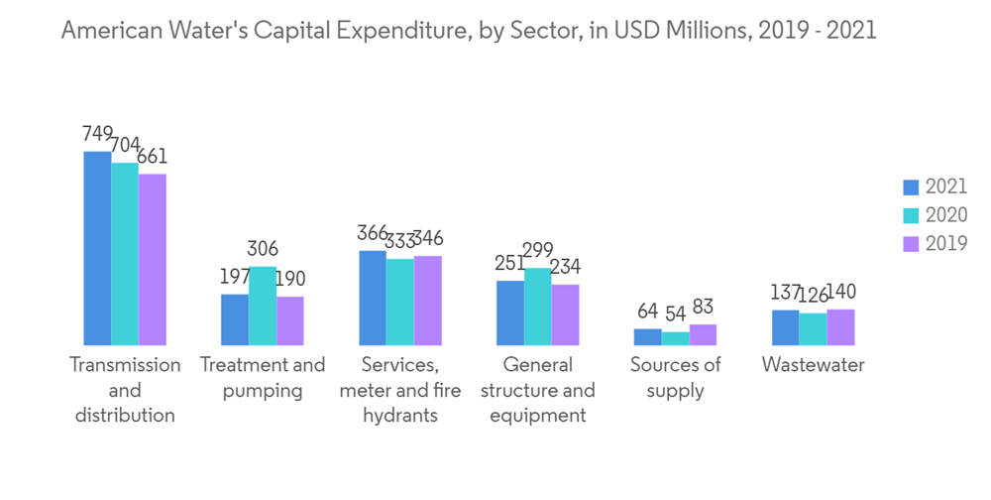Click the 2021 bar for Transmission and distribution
tap(97, 248)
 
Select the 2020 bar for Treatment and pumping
tap(263, 306)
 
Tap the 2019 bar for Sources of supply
tap(703, 334)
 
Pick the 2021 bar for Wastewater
tap(785, 327)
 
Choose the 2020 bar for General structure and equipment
tap(538, 307)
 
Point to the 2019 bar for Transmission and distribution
tap(153, 259)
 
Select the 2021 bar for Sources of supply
tap(647, 336)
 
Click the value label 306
tap(263, 249)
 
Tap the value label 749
tap(98, 134)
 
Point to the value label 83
tap(703, 307)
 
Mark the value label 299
tap(538, 250)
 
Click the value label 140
tap(841, 292)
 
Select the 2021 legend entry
tap(935, 187)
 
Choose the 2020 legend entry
tap(935, 215)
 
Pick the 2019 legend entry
tap(935, 244)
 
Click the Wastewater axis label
tap(813, 365)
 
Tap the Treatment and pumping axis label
tap(263, 377)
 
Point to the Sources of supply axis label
tap(675, 377)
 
